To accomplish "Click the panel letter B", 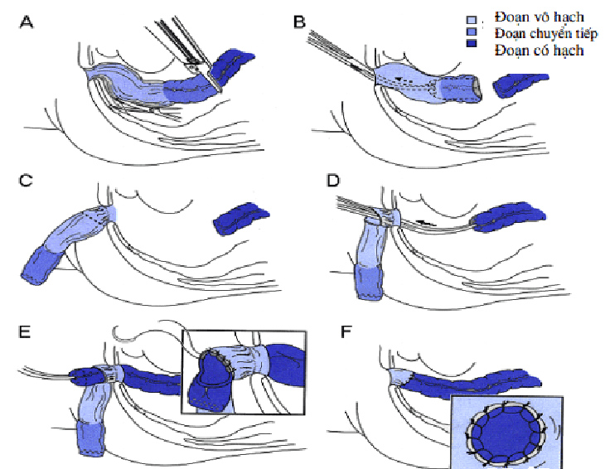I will (x=301, y=22).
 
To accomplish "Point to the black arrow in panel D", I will (x=425, y=221).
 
